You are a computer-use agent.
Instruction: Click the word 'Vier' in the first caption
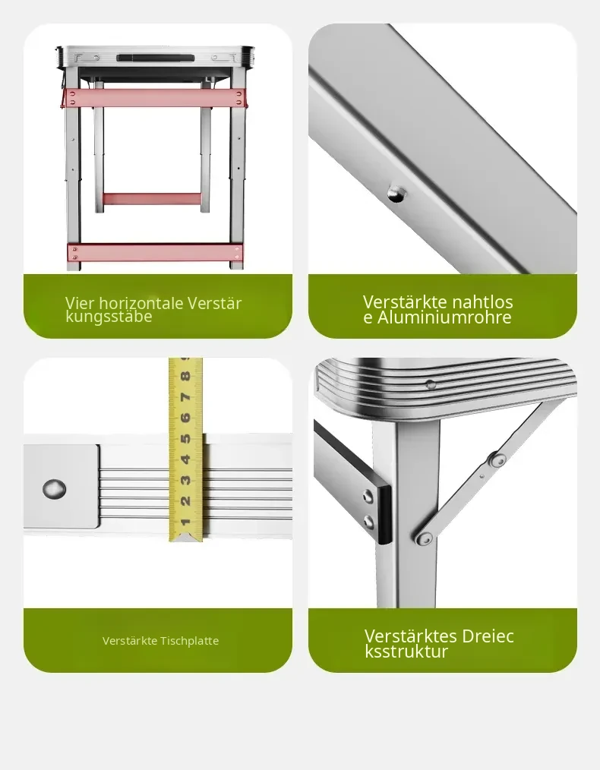click(x=77, y=303)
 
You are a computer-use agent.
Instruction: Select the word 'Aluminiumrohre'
click(x=444, y=317)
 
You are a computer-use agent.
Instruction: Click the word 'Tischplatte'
click(x=190, y=641)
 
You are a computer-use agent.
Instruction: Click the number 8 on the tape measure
click(x=185, y=377)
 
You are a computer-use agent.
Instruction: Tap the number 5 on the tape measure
click(x=185, y=438)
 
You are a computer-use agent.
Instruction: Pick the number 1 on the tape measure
click(x=185, y=522)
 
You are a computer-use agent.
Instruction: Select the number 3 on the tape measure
click(x=185, y=480)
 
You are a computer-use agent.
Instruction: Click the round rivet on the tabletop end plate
click(x=54, y=488)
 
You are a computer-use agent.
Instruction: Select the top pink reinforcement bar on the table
click(x=155, y=98)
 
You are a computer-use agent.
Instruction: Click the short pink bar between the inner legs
click(x=152, y=199)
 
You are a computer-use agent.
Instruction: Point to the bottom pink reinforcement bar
click(x=155, y=253)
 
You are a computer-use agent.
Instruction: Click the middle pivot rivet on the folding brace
click(x=497, y=460)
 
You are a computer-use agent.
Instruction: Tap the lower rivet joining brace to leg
click(x=424, y=538)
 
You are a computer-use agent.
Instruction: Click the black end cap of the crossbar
click(x=384, y=514)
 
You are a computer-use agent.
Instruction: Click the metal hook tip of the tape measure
click(x=185, y=538)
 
